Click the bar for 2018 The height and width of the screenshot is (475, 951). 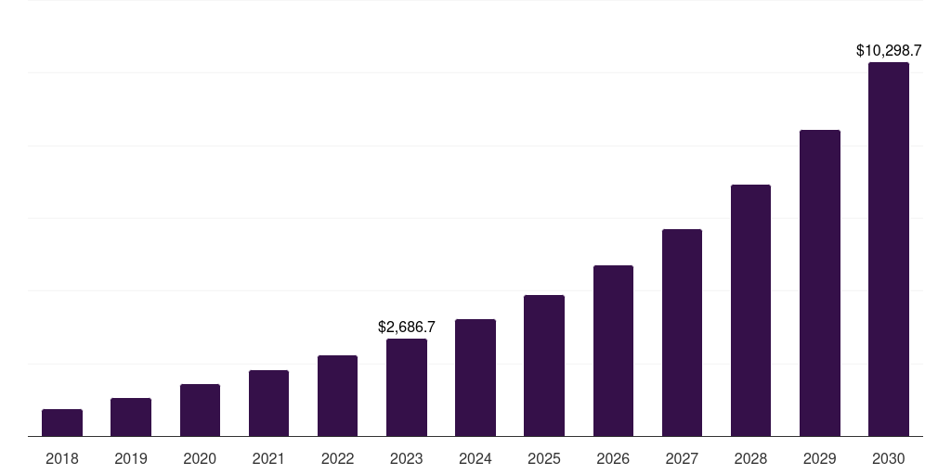point(62,422)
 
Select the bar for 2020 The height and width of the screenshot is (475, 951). point(200,410)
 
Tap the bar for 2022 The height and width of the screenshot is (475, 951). point(337,395)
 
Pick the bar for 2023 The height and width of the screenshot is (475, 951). point(407,387)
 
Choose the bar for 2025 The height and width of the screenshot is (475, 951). point(544,366)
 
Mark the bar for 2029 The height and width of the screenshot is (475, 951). point(819,283)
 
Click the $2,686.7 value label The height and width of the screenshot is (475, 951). point(407,327)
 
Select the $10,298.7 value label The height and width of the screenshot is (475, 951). point(888,51)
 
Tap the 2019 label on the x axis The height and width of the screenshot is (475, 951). point(131,458)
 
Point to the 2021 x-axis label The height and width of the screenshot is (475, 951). point(268,458)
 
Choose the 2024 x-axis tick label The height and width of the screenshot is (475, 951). point(475,458)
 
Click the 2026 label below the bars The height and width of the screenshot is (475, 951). point(613,458)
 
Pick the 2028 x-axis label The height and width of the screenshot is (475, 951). point(750,458)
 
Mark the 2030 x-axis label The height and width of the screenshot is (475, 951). point(888,458)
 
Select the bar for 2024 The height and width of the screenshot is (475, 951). point(475,378)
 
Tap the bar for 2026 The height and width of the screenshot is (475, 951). point(613,351)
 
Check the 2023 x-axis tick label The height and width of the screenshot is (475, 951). point(407,458)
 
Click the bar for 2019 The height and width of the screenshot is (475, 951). point(131,417)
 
